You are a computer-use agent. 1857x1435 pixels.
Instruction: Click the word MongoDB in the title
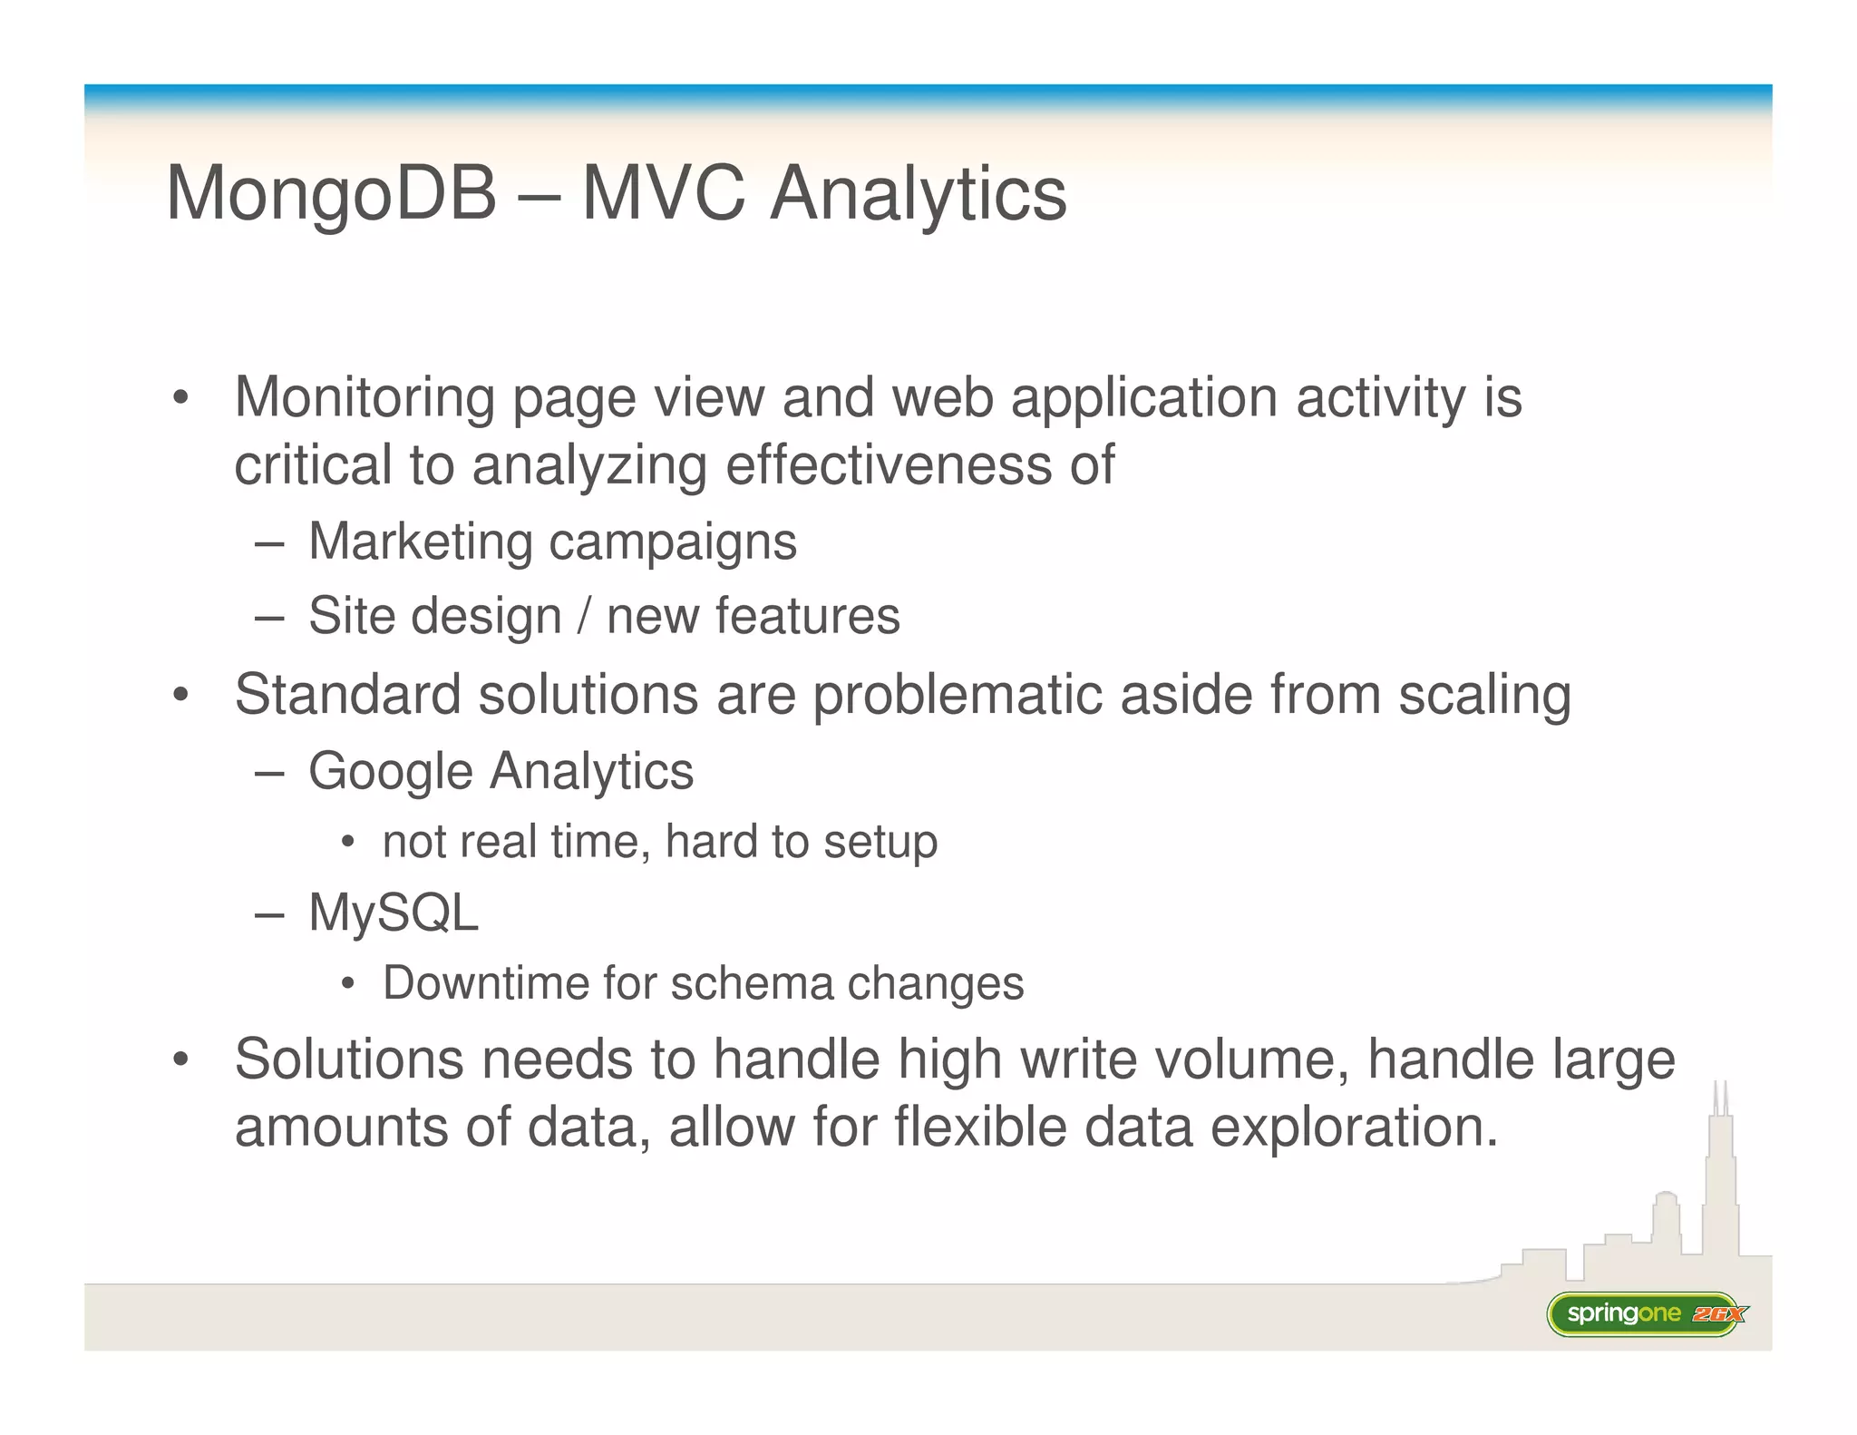click(332, 194)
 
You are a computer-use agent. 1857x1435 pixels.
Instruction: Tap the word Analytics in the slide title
click(918, 194)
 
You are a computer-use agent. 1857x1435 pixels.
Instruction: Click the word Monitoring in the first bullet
click(365, 399)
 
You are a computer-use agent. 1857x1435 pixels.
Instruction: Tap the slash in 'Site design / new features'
click(584, 617)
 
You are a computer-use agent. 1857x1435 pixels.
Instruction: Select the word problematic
click(958, 696)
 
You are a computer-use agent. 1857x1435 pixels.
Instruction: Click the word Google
click(391, 773)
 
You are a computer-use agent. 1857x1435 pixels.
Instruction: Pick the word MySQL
click(394, 913)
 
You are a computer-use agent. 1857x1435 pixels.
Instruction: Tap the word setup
click(880, 843)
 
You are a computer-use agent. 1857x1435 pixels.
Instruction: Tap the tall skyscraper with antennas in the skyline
click(1720, 1179)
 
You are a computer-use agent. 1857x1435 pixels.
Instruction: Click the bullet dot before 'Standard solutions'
click(181, 696)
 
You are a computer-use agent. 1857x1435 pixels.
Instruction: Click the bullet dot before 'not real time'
click(348, 843)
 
